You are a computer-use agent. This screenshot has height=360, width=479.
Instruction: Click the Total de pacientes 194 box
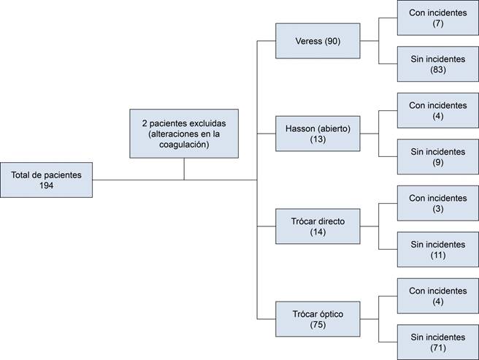[x=47, y=180]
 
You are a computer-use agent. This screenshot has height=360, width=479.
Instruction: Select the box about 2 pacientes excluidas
[x=184, y=134]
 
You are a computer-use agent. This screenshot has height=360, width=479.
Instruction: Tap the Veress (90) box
[x=318, y=41]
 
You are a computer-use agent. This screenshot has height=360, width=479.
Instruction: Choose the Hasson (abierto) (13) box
[x=318, y=134]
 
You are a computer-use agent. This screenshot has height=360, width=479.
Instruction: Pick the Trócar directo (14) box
[x=318, y=226]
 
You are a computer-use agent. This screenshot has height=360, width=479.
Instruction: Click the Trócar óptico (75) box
[x=318, y=319]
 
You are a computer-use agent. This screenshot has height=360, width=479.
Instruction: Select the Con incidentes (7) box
[x=437, y=18]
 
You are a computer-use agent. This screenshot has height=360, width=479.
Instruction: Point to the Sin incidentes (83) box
[x=437, y=64]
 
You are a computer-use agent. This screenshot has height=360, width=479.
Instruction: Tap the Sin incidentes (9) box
[x=437, y=157]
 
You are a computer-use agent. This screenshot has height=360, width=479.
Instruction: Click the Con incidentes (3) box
[x=437, y=203]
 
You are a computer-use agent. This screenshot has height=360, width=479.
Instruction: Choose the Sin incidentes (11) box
[x=437, y=250]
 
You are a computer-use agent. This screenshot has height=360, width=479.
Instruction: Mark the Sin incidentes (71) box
[x=437, y=342]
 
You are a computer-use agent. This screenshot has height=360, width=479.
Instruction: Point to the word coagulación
[x=184, y=145]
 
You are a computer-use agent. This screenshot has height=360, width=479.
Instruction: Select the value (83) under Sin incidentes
[x=437, y=70]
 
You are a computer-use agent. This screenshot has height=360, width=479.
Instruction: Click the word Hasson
[x=300, y=129]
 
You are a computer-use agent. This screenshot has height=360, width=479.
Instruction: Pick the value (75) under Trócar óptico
[x=317, y=326]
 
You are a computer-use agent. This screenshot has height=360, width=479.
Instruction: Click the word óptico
[x=328, y=314]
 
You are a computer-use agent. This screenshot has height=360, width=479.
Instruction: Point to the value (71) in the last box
[x=437, y=348]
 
